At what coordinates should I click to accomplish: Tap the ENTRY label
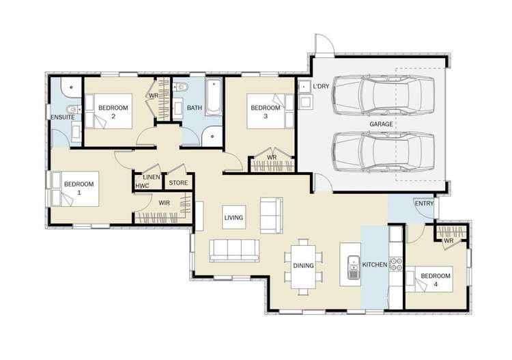(423, 204)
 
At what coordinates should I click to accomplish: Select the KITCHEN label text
(375, 264)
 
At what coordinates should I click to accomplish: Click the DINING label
(304, 265)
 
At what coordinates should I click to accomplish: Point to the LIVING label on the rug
(233, 218)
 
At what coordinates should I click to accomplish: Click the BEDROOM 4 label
(434, 281)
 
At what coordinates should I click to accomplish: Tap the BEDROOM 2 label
(113, 112)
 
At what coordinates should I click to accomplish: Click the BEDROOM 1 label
(79, 188)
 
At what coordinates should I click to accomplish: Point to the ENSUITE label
(62, 118)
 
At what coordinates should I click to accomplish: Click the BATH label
(195, 108)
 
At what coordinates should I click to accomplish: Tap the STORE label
(178, 182)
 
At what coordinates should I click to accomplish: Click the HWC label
(142, 185)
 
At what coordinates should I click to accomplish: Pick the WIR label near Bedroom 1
(164, 202)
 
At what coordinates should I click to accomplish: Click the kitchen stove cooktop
(395, 264)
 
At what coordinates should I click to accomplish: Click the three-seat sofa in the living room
(234, 251)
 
